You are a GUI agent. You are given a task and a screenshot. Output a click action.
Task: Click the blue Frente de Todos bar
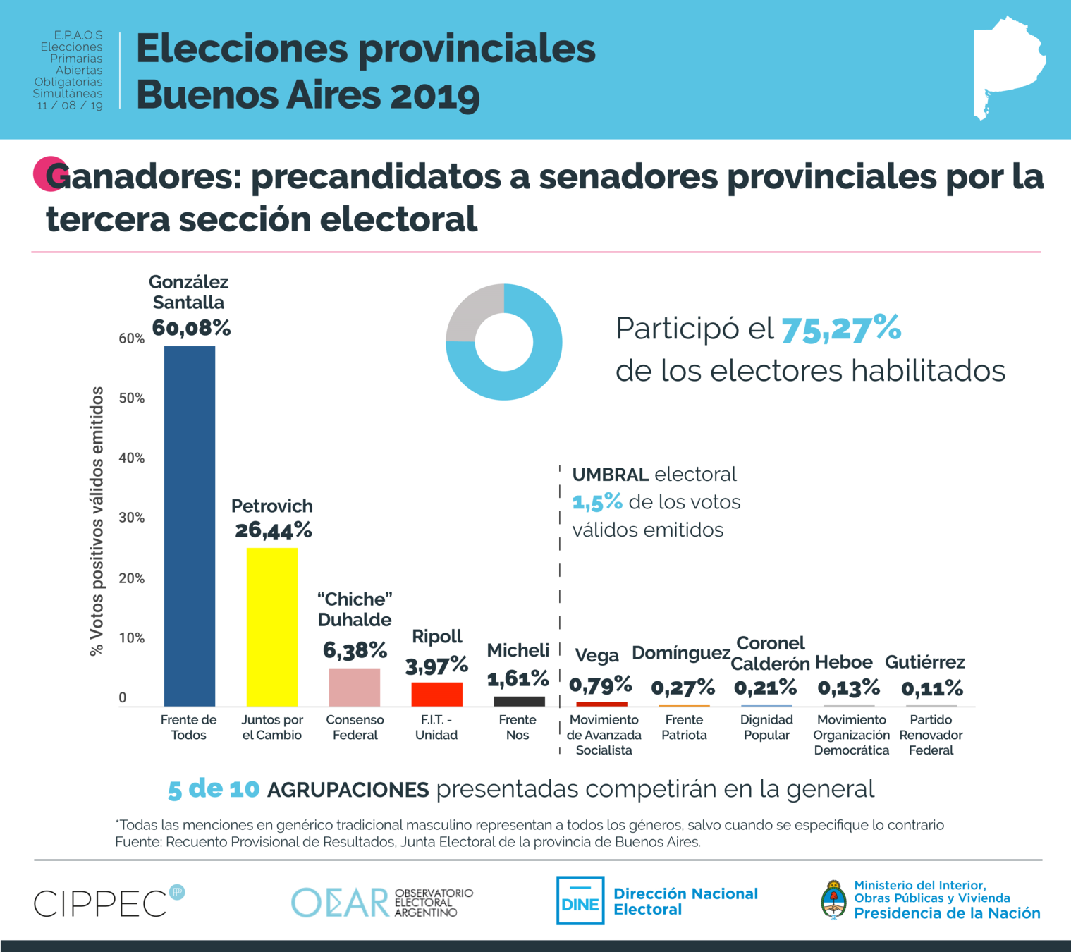click(190, 525)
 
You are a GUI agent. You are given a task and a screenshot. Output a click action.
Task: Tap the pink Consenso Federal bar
click(355, 687)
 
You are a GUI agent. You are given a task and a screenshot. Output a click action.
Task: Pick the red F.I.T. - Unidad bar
click(437, 694)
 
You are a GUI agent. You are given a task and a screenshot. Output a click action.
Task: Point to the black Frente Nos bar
click(519, 701)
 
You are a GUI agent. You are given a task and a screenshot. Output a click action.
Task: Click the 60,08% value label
click(191, 328)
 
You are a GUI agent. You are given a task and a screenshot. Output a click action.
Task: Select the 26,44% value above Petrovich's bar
click(274, 530)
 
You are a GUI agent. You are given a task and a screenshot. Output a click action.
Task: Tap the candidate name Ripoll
click(437, 636)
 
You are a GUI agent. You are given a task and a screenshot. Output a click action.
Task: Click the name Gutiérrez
click(925, 662)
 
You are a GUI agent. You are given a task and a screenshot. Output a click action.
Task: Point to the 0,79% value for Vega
click(601, 684)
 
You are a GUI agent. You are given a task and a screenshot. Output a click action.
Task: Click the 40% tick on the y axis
click(132, 458)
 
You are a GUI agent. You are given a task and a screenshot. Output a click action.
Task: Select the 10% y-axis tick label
click(132, 638)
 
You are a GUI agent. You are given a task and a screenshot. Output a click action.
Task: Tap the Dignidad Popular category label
click(766, 727)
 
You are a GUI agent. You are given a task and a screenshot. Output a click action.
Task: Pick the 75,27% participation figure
click(841, 329)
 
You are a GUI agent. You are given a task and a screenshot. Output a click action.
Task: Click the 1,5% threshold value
click(596, 502)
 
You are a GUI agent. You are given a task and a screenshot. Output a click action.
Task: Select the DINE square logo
click(580, 901)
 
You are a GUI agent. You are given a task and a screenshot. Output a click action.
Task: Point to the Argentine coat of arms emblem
click(833, 899)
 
